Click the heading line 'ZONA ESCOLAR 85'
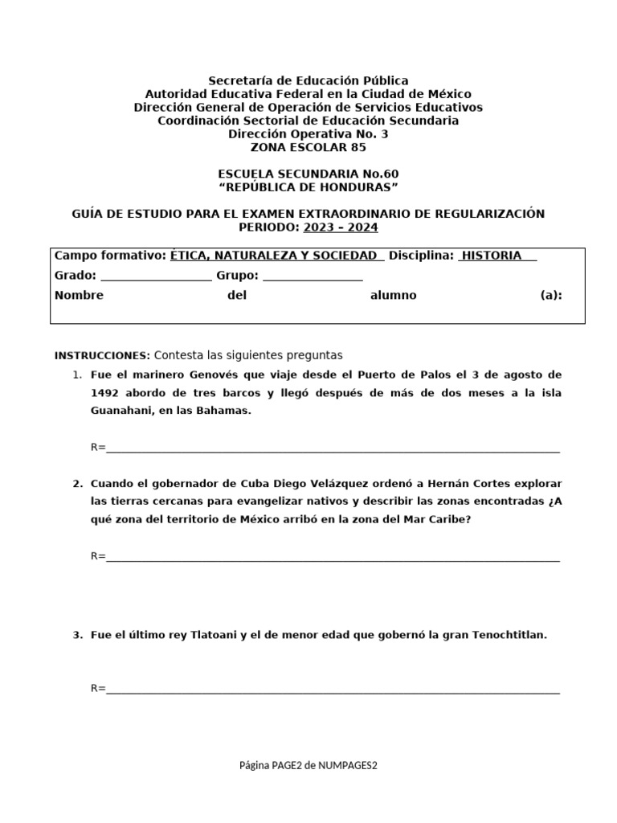pyautogui.click(x=308, y=147)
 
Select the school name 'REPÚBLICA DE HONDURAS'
pyautogui.click(x=308, y=187)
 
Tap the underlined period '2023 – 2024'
pyautogui.click(x=340, y=227)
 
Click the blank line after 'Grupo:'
pyautogui.click(x=313, y=276)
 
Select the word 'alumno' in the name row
pyautogui.click(x=393, y=295)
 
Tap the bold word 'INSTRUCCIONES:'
pyautogui.click(x=102, y=355)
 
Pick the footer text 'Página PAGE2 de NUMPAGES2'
pyautogui.click(x=308, y=765)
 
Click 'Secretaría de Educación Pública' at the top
pyautogui.click(x=308, y=80)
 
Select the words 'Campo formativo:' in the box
pyautogui.click(x=110, y=255)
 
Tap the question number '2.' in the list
pyautogui.click(x=78, y=484)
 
